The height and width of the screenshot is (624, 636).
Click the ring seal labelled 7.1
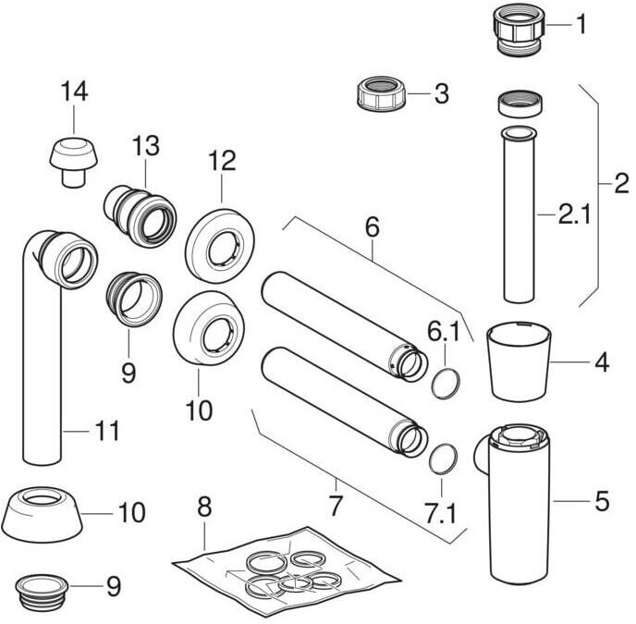point(442,457)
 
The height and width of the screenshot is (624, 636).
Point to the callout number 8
point(205,508)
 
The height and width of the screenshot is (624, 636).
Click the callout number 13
point(146,147)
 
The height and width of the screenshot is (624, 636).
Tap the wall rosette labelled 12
point(220,244)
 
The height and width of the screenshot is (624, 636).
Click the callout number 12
point(222,160)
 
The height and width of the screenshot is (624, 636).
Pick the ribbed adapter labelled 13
point(140,212)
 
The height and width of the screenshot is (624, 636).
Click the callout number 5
point(601,501)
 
